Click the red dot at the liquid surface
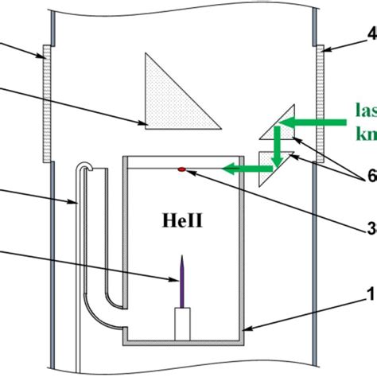click(x=183, y=169)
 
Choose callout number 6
click(x=368, y=177)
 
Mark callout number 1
click(x=368, y=293)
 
